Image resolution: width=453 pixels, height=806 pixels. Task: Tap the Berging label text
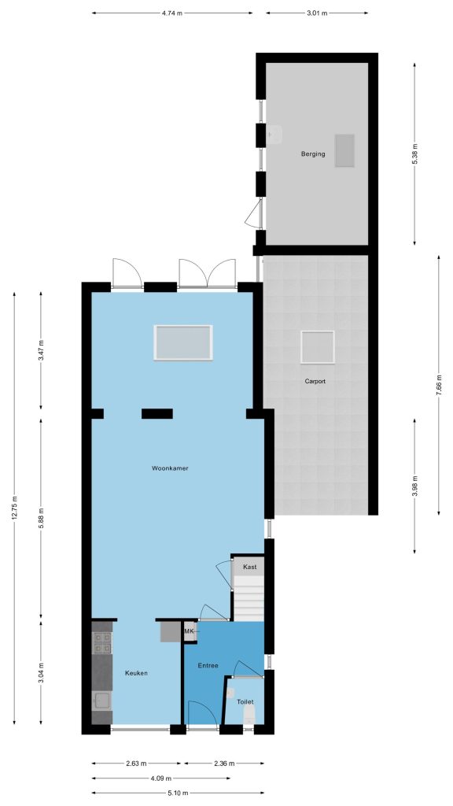(313, 153)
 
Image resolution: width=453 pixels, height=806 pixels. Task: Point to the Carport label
(315, 382)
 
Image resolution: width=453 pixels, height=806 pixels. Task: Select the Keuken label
(137, 673)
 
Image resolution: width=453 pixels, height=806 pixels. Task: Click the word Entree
(208, 666)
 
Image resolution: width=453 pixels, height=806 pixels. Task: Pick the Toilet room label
(245, 701)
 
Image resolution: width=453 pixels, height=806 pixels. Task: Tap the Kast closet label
(249, 567)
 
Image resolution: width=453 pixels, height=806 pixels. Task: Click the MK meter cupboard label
(189, 630)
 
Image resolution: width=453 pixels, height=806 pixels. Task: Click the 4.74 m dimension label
(172, 13)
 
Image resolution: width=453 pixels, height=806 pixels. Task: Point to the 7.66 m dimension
(438, 385)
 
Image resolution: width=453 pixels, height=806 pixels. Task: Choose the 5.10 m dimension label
(179, 793)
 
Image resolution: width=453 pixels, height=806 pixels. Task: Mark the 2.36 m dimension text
(223, 763)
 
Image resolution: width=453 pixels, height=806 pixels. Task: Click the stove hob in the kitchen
(101, 643)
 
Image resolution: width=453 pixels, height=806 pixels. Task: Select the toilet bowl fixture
(249, 714)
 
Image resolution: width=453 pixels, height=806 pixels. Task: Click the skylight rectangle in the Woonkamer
(182, 342)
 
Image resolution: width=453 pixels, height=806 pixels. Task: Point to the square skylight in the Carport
(318, 347)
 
